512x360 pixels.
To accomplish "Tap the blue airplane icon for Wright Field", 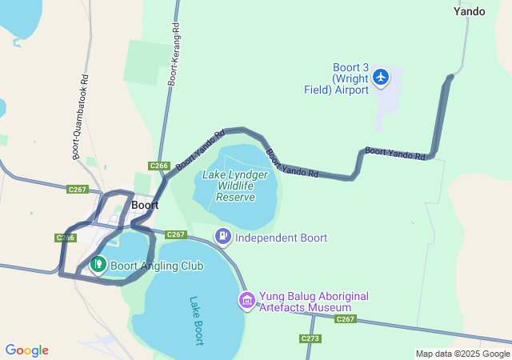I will pos(381,77).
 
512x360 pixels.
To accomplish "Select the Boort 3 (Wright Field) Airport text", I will pos(336,78).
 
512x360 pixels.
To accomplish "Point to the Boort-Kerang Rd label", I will pos(174,54).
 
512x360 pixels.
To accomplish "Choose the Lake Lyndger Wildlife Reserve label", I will pos(235,186).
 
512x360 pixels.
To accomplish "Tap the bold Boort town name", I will pos(145,205).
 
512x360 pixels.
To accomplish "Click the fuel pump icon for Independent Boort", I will pos(222,237).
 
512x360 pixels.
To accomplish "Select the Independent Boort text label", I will pos(281,238).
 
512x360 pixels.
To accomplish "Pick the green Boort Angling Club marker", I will pos(98,263).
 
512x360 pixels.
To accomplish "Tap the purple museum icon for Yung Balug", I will pos(246,301).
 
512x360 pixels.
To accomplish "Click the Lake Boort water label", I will pos(197,321).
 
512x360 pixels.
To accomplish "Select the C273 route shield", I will pos(311,339).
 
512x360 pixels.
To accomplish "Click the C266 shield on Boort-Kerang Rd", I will pos(159,166).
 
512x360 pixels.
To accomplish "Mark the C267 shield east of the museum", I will pos(345,319).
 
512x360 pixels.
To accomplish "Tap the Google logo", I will pos(26,350).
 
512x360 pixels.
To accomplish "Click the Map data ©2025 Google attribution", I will pos(462,354).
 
